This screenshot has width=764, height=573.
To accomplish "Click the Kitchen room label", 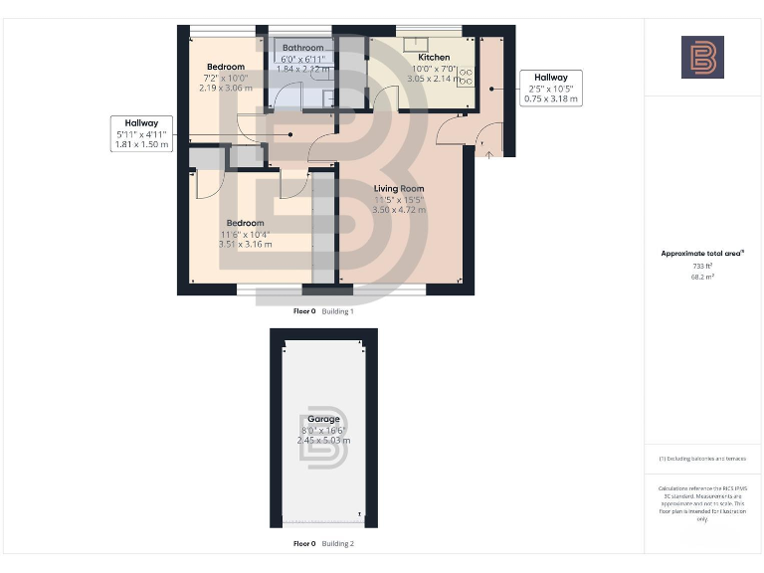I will tap(434, 58).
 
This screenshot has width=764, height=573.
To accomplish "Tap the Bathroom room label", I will tap(302, 48).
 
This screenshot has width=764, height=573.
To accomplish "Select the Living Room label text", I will tap(399, 189).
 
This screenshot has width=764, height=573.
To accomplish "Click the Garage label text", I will tap(323, 419).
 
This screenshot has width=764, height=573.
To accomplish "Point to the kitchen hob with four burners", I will tap(465, 76).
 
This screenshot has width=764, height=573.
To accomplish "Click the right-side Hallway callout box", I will tap(550, 88).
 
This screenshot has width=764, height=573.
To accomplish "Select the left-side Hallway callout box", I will tap(142, 133).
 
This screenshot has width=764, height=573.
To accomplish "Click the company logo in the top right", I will tap(702, 57).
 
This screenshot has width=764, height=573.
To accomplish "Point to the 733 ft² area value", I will tap(702, 266).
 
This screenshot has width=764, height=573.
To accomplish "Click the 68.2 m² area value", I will tap(702, 277).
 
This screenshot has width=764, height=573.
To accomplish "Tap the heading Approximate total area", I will tap(702, 254).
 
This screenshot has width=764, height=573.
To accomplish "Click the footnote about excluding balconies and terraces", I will tap(702, 459).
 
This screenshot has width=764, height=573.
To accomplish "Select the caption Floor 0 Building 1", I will tap(323, 311).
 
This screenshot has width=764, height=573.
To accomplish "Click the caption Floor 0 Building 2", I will tap(323, 544).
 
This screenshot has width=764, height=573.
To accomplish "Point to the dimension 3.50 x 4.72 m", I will tap(399, 210).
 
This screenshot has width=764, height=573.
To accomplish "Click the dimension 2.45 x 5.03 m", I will tap(323, 440).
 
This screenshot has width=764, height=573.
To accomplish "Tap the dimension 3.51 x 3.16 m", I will tap(245, 244).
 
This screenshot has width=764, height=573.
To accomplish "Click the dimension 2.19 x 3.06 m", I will tap(226, 88).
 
